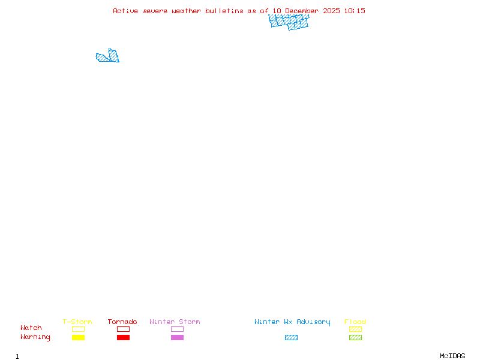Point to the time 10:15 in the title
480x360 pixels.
click(355, 11)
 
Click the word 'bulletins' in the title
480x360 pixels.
click(224, 11)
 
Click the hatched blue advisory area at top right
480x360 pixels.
click(289, 22)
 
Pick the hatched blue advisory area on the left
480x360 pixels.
click(108, 57)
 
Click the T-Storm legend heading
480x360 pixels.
click(77, 322)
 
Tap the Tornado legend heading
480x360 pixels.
click(122, 322)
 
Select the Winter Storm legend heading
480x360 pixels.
click(175, 322)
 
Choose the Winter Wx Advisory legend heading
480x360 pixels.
click(292, 322)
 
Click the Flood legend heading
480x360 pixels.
click(355, 322)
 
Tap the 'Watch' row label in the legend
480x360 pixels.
click(31, 328)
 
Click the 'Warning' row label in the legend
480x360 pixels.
click(35, 337)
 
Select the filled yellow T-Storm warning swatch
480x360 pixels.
click(78, 337)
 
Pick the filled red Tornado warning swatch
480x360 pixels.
click(123, 337)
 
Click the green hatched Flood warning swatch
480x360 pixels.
click(355, 337)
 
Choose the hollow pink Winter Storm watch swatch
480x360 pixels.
click(177, 329)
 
